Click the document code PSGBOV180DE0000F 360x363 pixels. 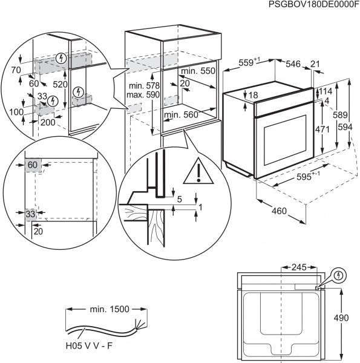(307, 5)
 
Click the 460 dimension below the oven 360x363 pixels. (278, 212)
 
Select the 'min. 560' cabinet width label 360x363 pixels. (181, 114)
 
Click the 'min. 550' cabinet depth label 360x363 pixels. (197, 71)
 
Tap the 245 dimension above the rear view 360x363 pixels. (299, 266)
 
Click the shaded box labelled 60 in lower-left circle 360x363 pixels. (32, 165)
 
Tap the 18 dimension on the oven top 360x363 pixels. (254, 95)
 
